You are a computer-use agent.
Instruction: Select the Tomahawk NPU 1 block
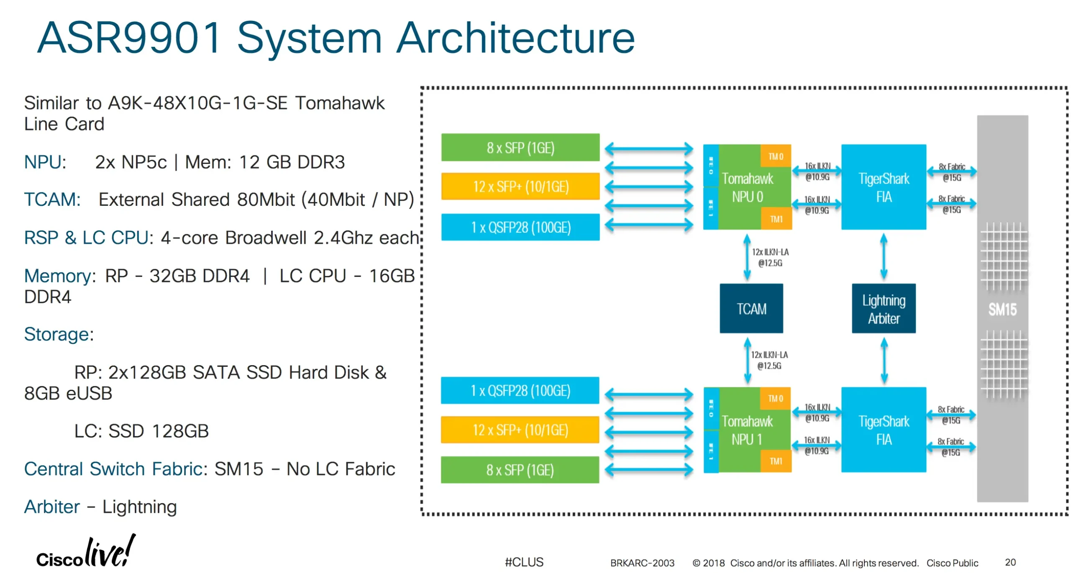(x=747, y=430)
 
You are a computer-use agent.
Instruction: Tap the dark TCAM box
(x=751, y=309)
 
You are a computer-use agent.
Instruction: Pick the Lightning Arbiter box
(x=884, y=309)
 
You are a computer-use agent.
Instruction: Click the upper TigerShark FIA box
(x=884, y=187)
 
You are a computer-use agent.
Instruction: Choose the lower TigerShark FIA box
(x=884, y=430)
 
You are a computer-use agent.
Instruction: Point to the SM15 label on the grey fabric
(x=1002, y=310)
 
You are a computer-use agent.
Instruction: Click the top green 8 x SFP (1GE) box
(x=520, y=147)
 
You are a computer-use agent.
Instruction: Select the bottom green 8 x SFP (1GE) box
(x=520, y=470)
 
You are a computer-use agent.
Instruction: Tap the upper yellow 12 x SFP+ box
(x=520, y=186)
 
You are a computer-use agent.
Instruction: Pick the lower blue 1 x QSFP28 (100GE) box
(x=520, y=390)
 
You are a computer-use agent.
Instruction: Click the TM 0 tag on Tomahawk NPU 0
(x=775, y=156)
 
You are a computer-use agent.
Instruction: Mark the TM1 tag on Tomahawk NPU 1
(x=775, y=461)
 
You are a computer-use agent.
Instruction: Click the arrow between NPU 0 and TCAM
(x=747, y=257)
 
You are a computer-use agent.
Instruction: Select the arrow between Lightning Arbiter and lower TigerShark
(x=884, y=361)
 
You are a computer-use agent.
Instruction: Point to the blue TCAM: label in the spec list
(x=52, y=200)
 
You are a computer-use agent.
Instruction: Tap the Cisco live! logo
(x=86, y=552)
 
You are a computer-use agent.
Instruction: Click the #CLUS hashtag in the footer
(x=524, y=562)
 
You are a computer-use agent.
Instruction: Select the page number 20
(x=1010, y=562)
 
